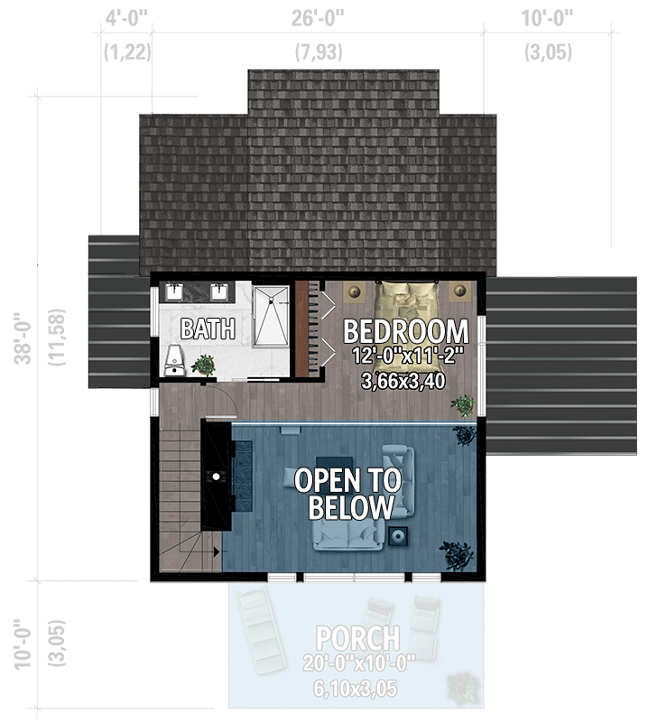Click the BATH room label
208,329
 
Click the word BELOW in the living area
352,507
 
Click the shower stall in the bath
271,316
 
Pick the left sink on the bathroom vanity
174,292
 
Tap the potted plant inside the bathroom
204,365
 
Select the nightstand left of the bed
354,292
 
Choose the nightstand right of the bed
461,292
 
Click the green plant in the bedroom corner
464,404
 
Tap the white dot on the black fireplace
217,474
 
